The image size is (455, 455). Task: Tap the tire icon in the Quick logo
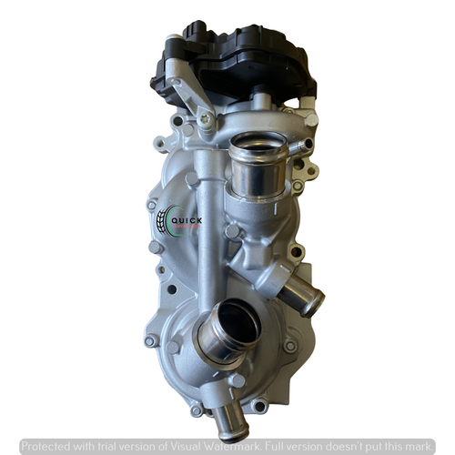(164, 219)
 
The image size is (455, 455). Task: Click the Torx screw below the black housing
(207, 117)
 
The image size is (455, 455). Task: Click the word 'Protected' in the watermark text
(48, 447)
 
